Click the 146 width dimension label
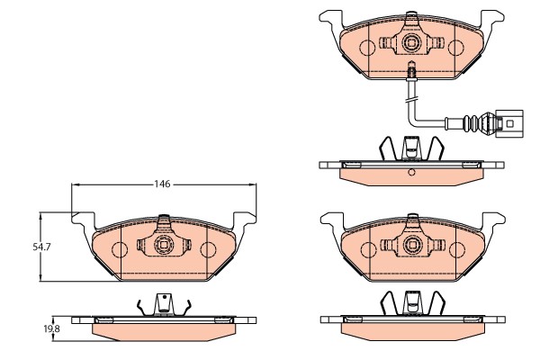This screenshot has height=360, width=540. point(162,184)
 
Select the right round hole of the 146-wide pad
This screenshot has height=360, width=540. point(207,249)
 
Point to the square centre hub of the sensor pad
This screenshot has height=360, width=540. point(412,41)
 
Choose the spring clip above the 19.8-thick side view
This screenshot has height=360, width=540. point(163,306)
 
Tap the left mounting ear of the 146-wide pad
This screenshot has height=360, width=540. point(83,216)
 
